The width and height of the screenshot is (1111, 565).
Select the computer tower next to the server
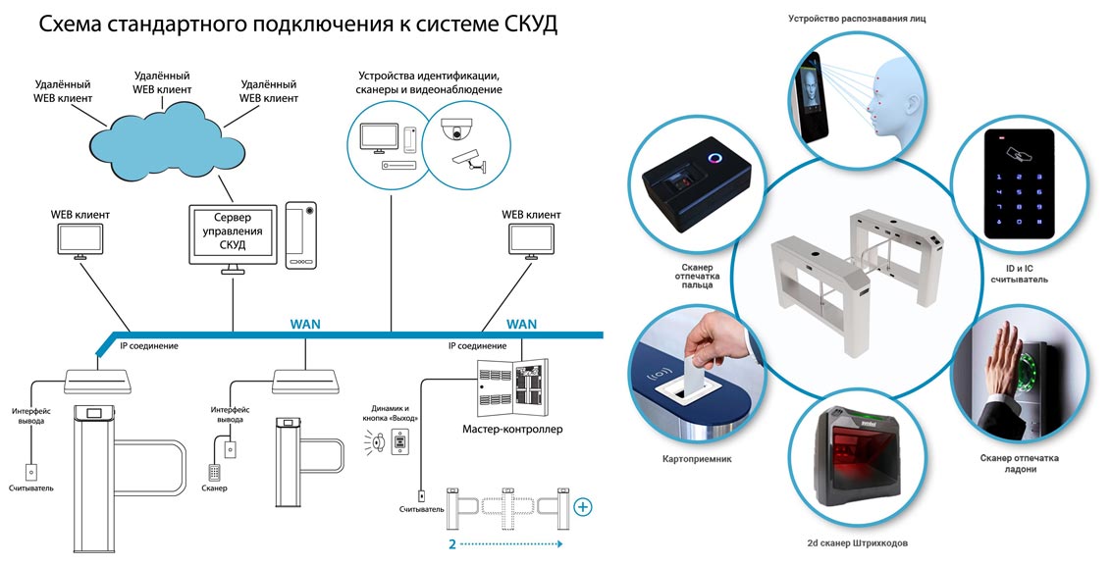(300, 235)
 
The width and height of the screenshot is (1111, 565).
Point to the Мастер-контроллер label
(512, 429)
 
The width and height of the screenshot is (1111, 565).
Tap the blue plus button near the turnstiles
(583, 507)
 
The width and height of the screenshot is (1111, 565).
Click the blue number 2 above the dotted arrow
(452, 543)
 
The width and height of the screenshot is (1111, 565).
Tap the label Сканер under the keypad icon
(214, 488)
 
